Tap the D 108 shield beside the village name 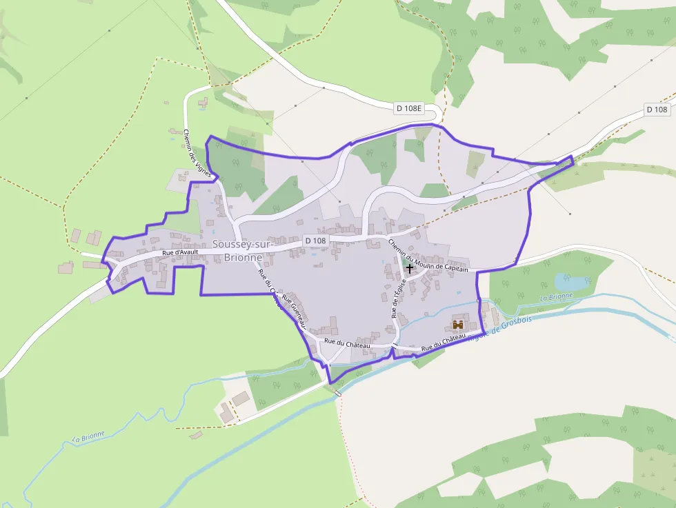(315, 241)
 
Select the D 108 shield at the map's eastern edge (658, 109)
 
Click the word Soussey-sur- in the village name (244, 245)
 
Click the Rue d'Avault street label (180, 253)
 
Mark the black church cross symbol (410, 267)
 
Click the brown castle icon (457, 324)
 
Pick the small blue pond (570, 281)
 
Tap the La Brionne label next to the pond (557, 297)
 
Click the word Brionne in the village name (243, 258)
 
